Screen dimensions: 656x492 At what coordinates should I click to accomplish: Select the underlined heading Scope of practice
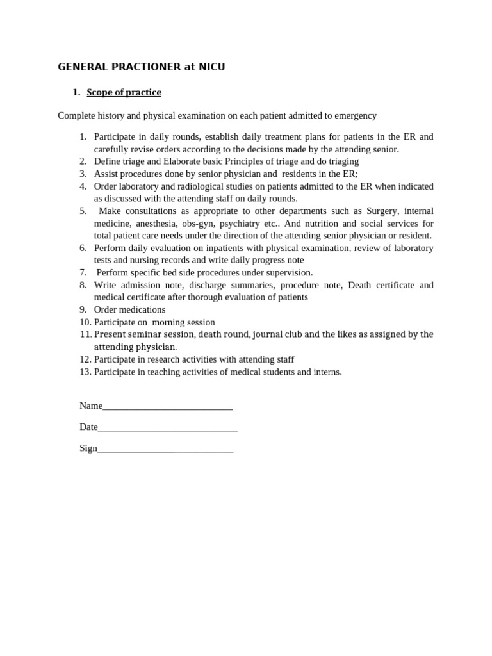[124, 93]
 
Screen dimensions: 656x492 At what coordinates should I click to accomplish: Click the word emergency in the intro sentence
[354, 116]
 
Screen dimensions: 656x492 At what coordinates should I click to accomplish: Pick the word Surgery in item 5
[382, 211]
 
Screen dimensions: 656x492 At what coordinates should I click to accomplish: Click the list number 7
[83, 273]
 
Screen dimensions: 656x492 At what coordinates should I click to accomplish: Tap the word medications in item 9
[142, 310]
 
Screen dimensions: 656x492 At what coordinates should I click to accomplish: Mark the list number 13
[85, 372]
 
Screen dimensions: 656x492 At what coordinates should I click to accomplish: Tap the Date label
[88, 427]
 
